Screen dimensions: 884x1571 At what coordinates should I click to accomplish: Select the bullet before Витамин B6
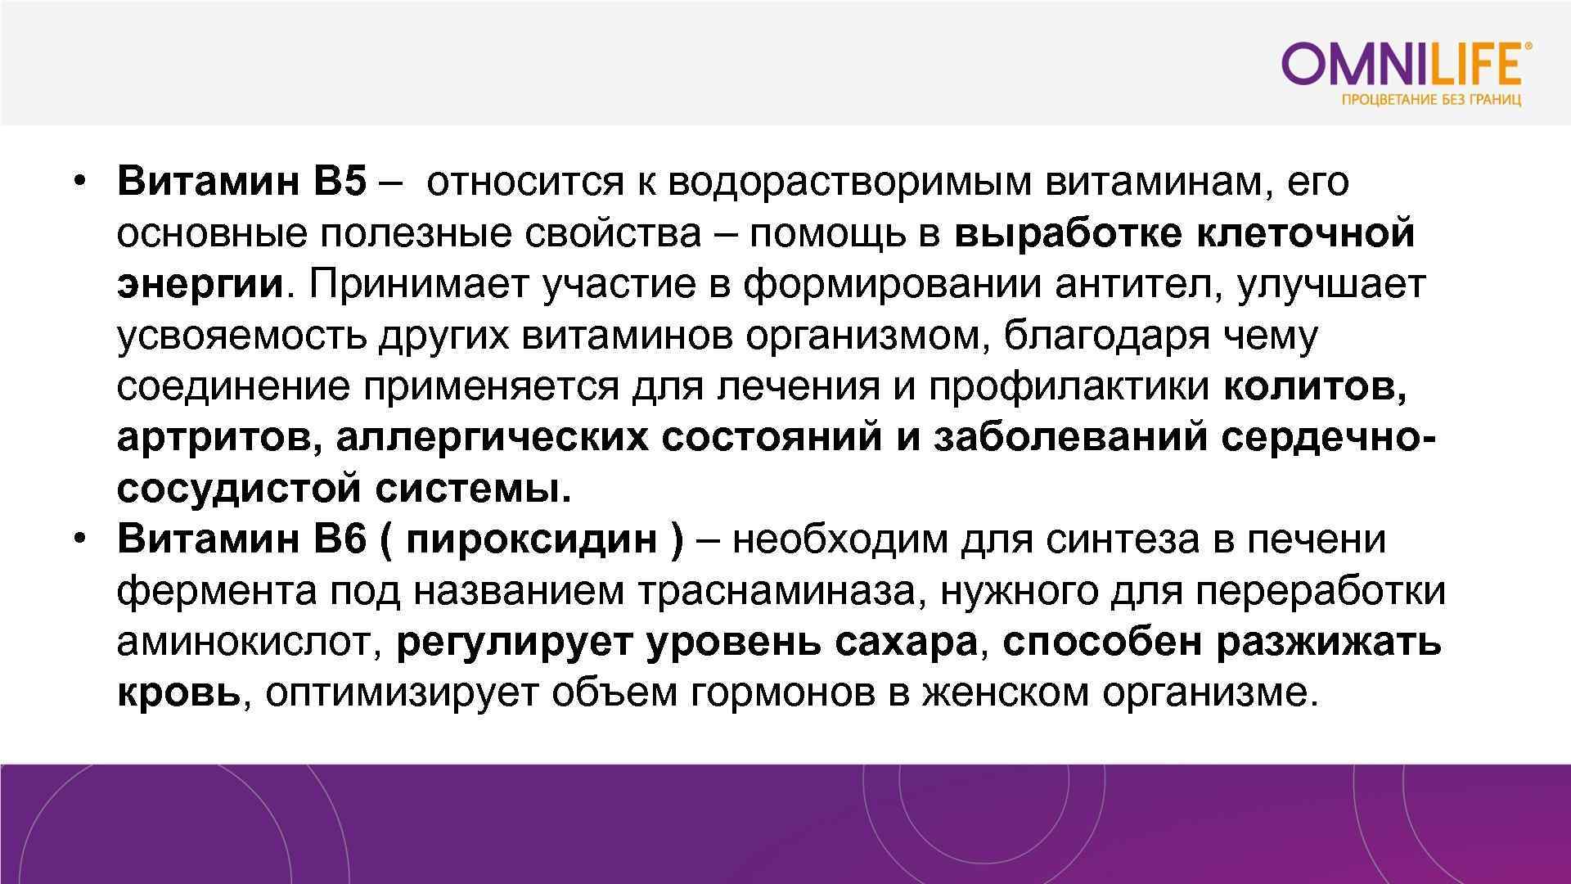(79, 539)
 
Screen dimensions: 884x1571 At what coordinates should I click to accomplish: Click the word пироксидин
(531, 539)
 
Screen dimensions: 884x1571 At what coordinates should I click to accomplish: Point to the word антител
(1138, 284)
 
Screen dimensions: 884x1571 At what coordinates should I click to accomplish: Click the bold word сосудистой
(239, 489)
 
